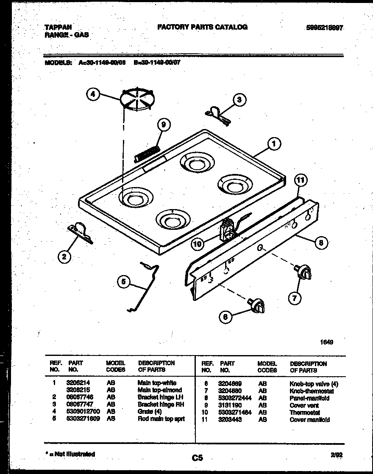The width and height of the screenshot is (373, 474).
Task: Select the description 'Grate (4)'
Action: point(150,411)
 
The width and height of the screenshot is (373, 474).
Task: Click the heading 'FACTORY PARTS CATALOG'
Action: point(203,27)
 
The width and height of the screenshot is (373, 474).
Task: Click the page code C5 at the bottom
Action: point(197,457)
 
